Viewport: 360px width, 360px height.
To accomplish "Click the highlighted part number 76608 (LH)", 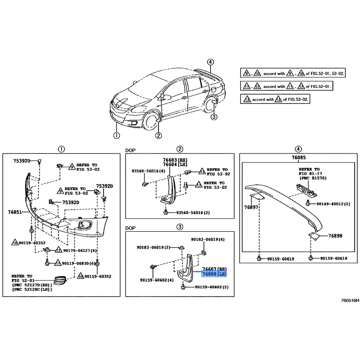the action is coord(214,274).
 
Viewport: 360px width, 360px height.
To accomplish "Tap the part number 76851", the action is coord(15,212).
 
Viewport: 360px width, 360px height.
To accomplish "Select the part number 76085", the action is coord(299,157).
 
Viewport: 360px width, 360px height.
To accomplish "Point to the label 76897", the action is coord(251,207).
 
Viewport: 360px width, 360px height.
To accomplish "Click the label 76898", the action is coord(335,236).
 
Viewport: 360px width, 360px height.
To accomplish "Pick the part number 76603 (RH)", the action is coord(175,160).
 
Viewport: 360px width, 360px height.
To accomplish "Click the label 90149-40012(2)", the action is coord(333,204).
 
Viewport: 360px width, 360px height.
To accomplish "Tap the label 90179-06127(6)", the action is coord(80,251).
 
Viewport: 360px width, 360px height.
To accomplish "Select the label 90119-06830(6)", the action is coord(78,263).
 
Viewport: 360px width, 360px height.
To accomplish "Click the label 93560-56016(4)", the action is coord(148,171).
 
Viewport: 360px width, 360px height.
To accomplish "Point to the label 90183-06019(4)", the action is coord(208,239).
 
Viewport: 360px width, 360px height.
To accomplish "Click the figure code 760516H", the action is coord(350,300).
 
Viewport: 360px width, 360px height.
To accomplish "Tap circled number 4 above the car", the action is coord(210,62).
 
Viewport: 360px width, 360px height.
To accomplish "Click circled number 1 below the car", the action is coord(117,135).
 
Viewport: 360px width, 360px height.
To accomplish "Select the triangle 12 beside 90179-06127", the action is coord(59,250).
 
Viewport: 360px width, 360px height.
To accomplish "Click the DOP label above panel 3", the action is coord(130,228).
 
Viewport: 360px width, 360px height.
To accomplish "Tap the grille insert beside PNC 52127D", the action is coord(60,280).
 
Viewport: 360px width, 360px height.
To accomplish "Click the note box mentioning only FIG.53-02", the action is coord(275,99).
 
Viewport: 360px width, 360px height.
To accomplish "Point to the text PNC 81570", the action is coord(312,178).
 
